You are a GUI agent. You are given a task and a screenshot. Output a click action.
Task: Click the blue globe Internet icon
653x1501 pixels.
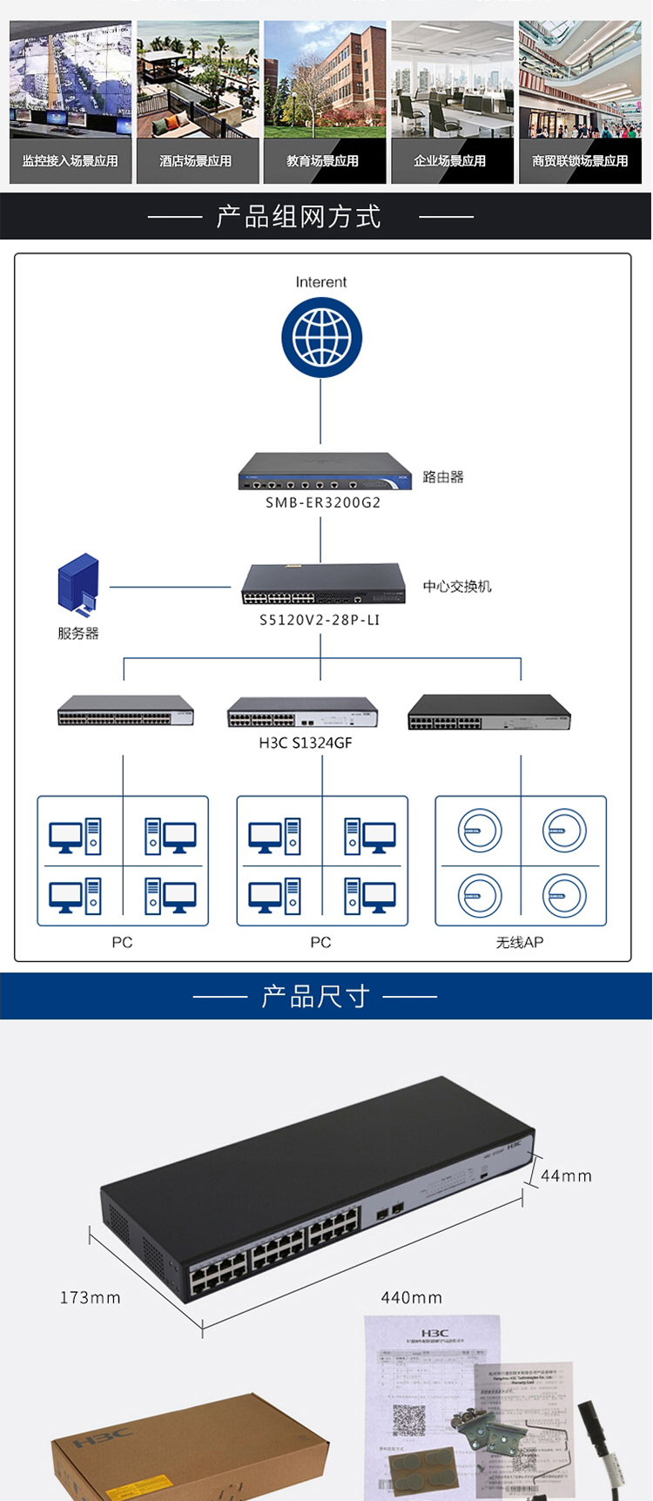(x=321, y=338)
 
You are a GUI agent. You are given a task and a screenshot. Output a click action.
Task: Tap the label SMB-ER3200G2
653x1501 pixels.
(x=323, y=502)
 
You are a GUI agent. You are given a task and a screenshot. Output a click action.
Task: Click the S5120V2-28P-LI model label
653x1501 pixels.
(x=320, y=620)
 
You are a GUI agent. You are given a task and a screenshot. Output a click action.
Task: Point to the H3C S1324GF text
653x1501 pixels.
(x=306, y=743)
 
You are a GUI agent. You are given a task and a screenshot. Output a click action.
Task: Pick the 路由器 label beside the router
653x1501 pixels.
(x=443, y=477)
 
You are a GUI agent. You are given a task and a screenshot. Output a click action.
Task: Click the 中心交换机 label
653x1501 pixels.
(x=457, y=587)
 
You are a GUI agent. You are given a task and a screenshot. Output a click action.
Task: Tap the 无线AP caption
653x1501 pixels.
(x=520, y=942)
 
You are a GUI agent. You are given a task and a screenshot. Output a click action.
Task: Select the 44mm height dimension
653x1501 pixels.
(x=566, y=1176)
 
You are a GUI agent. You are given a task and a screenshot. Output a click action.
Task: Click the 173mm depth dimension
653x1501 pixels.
(x=91, y=1298)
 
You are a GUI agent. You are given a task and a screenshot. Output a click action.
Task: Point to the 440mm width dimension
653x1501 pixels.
(x=412, y=1298)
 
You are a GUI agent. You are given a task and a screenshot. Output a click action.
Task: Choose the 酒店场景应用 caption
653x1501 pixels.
(x=196, y=161)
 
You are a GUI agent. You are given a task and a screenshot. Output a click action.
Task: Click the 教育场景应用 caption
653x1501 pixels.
(x=323, y=161)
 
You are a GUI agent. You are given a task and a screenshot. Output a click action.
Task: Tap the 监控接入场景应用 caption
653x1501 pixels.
(x=71, y=161)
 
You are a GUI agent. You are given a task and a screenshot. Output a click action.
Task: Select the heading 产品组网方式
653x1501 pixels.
(x=299, y=217)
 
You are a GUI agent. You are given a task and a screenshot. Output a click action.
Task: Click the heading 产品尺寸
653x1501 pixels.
(x=315, y=996)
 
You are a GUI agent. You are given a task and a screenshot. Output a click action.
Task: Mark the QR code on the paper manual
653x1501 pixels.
(x=408, y=1420)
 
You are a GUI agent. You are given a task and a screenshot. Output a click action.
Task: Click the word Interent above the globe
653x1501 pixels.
(x=321, y=282)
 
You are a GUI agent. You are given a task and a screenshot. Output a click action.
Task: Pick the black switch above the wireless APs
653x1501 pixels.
(x=489, y=712)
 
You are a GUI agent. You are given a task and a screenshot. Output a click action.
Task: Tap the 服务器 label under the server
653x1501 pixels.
(x=78, y=633)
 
